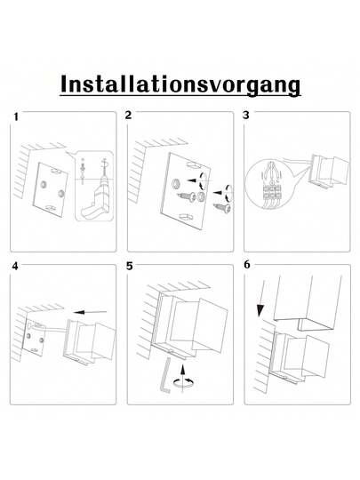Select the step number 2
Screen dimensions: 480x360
tap(129, 116)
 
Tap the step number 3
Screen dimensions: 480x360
tap(246, 116)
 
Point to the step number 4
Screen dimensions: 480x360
tap(15, 267)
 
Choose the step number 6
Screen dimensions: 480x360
tap(246, 265)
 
